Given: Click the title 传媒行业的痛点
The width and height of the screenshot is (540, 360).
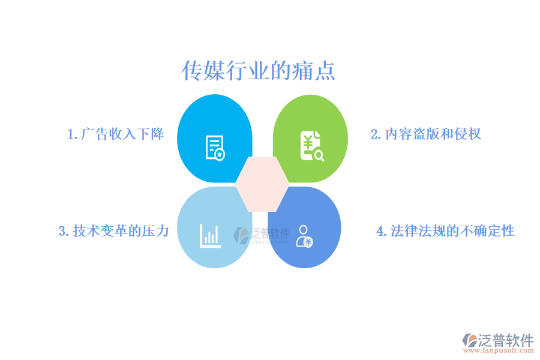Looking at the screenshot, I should tap(258, 71).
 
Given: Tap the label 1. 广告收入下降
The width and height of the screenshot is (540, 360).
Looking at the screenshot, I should tap(116, 134).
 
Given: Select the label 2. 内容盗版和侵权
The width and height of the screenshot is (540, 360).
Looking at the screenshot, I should tap(425, 134).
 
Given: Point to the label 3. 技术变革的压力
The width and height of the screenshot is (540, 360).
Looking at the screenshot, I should tap(113, 231).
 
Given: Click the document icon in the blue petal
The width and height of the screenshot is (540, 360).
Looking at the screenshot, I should tap(215, 148).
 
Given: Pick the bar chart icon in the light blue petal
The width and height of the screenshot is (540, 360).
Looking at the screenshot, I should tap(210, 235).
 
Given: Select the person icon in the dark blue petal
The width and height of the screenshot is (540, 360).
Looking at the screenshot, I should tap(304, 236).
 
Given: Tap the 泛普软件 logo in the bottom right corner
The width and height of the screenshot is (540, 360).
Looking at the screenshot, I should tap(498, 341).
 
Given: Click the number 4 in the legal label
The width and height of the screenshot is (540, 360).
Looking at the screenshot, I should tap(380, 232).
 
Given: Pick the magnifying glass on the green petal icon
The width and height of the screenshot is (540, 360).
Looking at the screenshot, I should tap(319, 157).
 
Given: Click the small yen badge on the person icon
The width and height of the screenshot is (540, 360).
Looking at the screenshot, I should tap(308, 242).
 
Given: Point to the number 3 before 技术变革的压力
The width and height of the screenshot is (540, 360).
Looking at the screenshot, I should tap(62, 232).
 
